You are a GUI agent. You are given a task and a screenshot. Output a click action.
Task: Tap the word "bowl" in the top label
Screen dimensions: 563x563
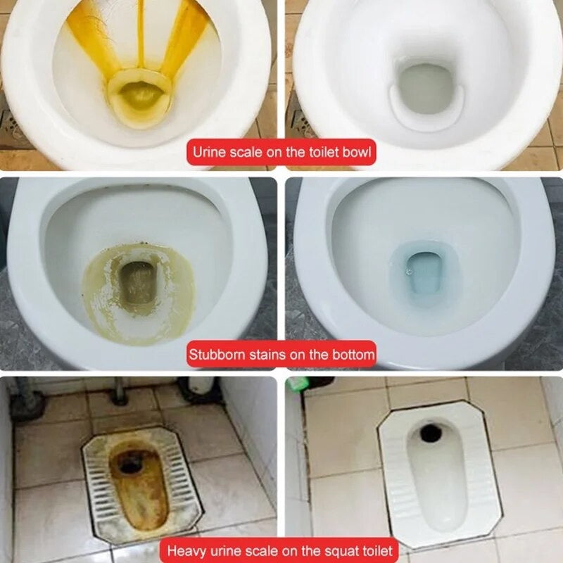[x=356, y=152]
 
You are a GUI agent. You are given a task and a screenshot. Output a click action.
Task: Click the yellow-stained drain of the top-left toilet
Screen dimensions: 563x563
[x=140, y=97]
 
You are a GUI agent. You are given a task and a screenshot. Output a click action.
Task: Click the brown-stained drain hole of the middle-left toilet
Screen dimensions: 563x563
[x=137, y=283]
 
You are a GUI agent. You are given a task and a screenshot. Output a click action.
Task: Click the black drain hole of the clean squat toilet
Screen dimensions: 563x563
[x=431, y=434]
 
